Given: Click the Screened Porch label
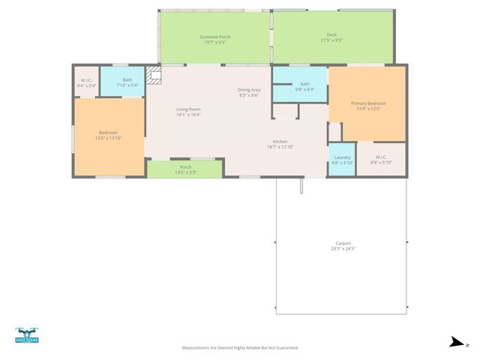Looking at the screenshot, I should [x=214, y=37].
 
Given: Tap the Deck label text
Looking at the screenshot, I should [x=331, y=35].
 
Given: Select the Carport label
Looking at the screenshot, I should [x=343, y=243].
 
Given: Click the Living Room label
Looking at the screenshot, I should [x=188, y=109].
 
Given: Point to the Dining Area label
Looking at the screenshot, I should [x=248, y=90].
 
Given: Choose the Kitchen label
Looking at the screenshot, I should [x=280, y=142].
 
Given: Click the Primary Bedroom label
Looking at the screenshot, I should [x=367, y=103].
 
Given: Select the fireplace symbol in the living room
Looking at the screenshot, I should [x=154, y=75].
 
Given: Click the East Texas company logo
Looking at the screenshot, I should [x=26, y=335].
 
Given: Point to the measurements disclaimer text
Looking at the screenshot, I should [x=240, y=348].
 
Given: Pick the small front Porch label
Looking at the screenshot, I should [x=185, y=167].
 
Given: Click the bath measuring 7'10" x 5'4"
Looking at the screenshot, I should [x=127, y=82].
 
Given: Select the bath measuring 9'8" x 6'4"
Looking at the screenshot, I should [x=304, y=86].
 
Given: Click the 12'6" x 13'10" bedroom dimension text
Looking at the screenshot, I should [x=108, y=138].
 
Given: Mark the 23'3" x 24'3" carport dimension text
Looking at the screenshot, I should [x=343, y=248].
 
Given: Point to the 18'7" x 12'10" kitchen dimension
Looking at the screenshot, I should [x=280, y=147].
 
